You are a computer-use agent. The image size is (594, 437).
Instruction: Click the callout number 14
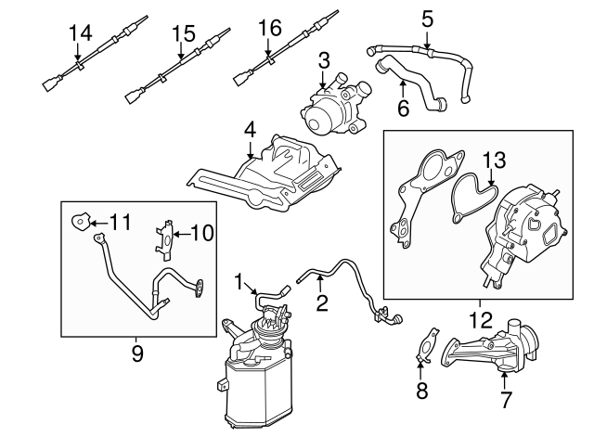(81, 33)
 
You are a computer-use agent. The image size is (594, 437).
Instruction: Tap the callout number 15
(183, 34)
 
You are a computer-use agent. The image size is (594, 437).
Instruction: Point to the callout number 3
(323, 62)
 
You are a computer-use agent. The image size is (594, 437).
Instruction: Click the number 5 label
(427, 17)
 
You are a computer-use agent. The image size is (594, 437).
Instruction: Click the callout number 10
(203, 232)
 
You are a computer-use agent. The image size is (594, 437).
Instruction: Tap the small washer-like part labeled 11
(80, 222)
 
